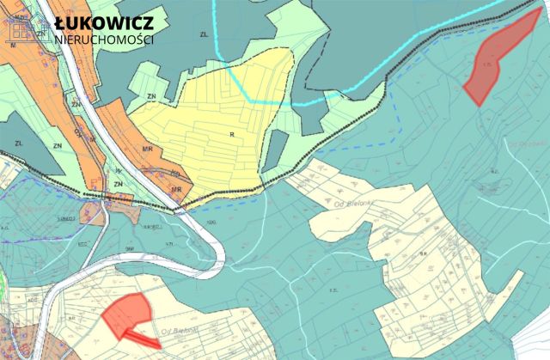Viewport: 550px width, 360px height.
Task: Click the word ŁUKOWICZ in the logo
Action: click(103, 22)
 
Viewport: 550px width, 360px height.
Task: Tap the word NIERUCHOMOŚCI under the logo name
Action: click(103, 40)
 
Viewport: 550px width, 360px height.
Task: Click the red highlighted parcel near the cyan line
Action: click(496, 58)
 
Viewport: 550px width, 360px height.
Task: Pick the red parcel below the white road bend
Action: click(127, 311)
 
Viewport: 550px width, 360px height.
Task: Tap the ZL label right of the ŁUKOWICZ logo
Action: click(204, 34)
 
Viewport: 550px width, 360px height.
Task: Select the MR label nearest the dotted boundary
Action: click(177, 190)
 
